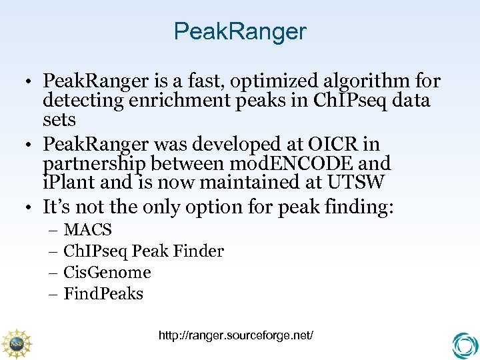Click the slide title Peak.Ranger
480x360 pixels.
[x=240, y=31]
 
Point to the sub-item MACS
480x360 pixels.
[x=87, y=230]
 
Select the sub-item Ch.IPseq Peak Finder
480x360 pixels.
[x=143, y=251]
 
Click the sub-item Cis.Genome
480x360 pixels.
[x=107, y=273]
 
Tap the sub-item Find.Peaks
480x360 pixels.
[x=103, y=294]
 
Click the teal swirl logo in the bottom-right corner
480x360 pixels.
[x=464, y=345]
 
